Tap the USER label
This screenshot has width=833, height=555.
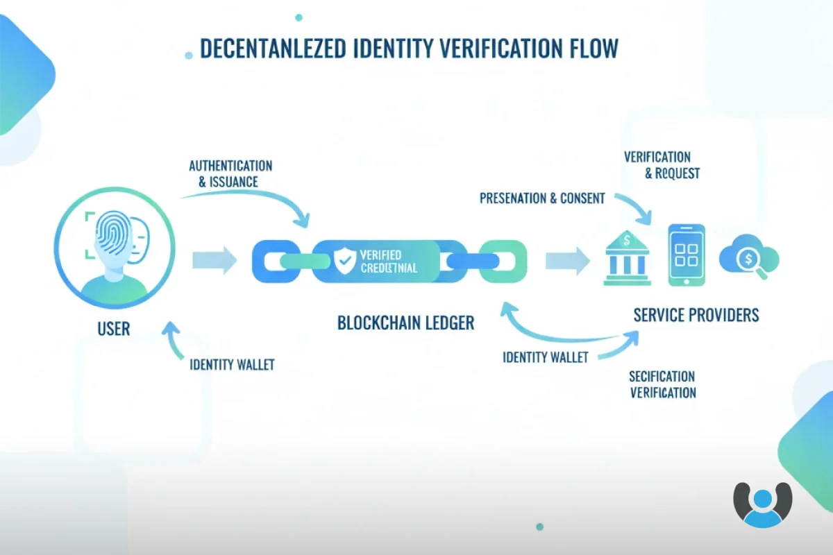(x=114, y=328)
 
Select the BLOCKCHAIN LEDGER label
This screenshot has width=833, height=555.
(x=406, y=323)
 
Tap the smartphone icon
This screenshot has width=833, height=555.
(x=686, y=255)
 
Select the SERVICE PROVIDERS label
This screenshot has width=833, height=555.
(x=696, y=315)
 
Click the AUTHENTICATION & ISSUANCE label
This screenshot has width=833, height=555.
(x=230, y=174)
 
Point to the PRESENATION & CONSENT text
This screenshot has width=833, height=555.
(x=542, y=198)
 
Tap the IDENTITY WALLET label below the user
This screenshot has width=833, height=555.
(x=232, y=365)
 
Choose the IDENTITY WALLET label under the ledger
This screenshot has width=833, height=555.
(x=545, y=358)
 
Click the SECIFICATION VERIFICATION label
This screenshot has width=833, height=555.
(x=662, y=384)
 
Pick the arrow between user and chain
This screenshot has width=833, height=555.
(x=214, y=260)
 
